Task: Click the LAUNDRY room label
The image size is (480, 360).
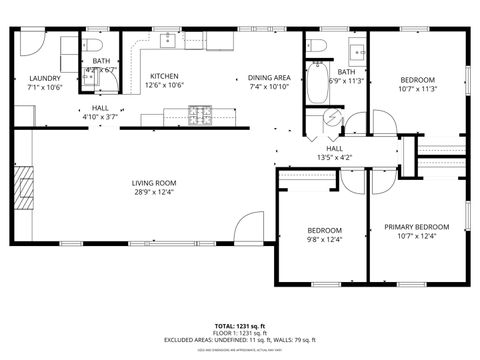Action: pyautogui.click(x=45, y=78)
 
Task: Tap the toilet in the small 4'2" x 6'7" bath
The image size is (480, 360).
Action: pyautogui.click(x=88, y=45)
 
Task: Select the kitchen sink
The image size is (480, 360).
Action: pyautogui.click(x=166, y=40)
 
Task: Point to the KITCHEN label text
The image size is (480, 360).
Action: pyautogui.click(x=164, y=76)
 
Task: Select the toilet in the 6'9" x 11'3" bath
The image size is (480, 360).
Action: pyautogui.click(x=319, y=45)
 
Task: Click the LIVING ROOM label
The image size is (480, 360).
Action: pyautogui.click(x=154, y=182)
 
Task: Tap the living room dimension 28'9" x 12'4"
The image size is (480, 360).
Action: pyautogui.click(x=154, y=192)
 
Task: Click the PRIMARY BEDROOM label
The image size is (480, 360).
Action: pyautogui.click(x=417, y=227)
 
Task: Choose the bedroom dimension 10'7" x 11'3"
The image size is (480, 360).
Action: pyautogui.click(x=418, y=87)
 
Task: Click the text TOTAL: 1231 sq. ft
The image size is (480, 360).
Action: pyautogui.click(x=239, y=326)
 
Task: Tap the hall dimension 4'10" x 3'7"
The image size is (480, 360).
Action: pyautogui.click(x=100, y=117)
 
